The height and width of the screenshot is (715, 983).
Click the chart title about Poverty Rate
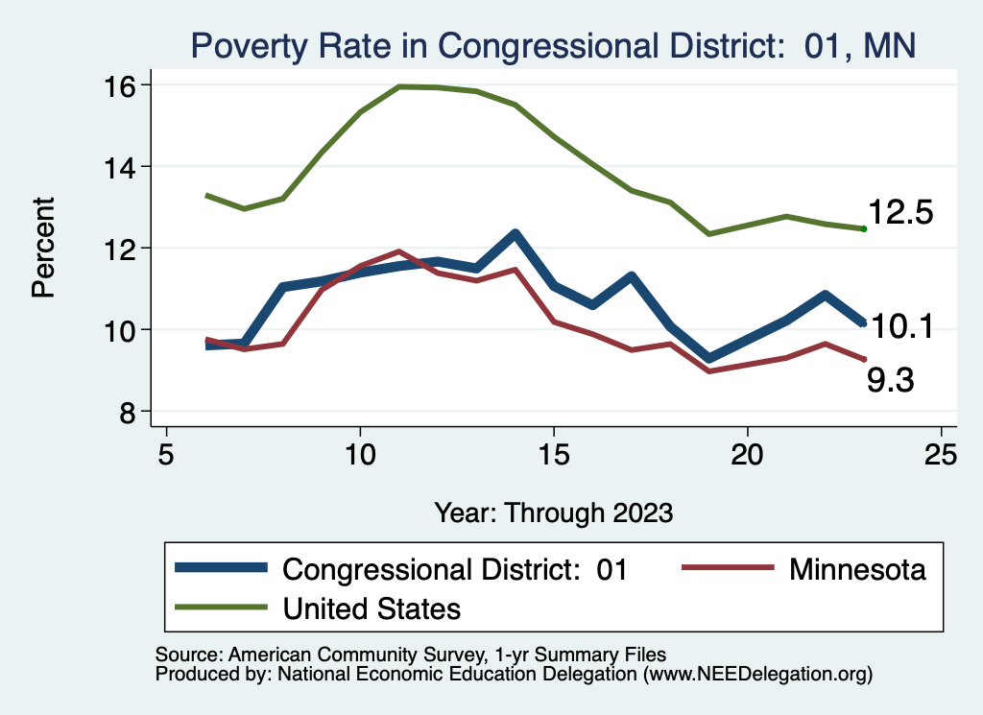click(x=553, y=44)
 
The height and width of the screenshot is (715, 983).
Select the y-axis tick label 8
click(x=126, y=412)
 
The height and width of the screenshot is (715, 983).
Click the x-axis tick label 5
click(x=167, y=453)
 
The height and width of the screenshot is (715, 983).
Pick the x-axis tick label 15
click(x=553, y=453)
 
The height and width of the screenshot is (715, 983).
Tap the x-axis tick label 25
click(x=941, y=453)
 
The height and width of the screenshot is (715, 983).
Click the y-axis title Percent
click(x=44, y=247)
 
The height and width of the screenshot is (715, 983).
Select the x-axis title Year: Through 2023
click(x=553, y=512)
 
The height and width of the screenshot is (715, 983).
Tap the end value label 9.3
click(x=890, y=382)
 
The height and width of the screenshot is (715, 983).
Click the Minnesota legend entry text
click(x=857, y=569)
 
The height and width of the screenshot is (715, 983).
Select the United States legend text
click(x=372, y=608)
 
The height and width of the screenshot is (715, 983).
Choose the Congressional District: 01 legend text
click(x=454, y=569)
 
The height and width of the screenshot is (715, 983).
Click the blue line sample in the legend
click(x=221, y=569)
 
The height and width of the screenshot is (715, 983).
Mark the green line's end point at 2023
click(x=864, y=228)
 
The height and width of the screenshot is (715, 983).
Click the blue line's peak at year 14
click(x=515, y=234)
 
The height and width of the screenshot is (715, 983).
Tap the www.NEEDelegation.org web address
click(x=758, y=675)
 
